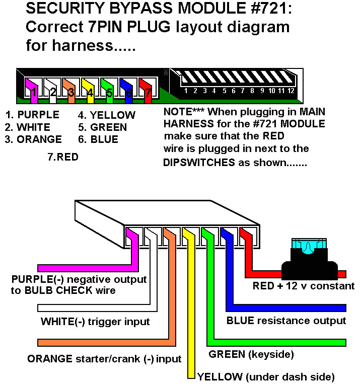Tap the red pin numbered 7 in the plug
[x=147, y=91]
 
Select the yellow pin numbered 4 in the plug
[x=90, y=91]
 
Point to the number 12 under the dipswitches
[x=291, y=91]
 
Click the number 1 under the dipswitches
[x=186, y=91]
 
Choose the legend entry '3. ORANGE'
[x=33, y=139]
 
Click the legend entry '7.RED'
[x=62, y=157]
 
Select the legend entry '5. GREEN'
[x=102, y=127]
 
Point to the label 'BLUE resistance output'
[x=286, y=321]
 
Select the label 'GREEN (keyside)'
[x=251, y=354]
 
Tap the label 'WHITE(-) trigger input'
[x=95, y=321]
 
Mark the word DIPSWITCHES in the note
[x=199, y=163]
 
